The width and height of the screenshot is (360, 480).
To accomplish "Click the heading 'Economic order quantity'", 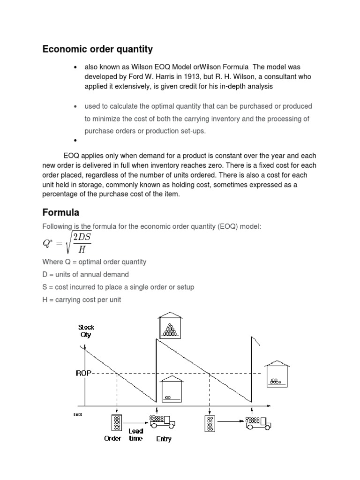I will point(97,49).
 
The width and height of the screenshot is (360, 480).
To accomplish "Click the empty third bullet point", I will point(75,141).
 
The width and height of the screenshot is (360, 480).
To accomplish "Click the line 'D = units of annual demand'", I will point(85,274).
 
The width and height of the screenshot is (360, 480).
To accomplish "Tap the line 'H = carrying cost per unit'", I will point(82,299).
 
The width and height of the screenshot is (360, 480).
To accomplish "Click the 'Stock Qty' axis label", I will point(86,331).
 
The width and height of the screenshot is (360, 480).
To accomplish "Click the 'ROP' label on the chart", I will point(83,373).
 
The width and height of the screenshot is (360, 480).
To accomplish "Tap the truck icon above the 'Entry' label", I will point(162,422).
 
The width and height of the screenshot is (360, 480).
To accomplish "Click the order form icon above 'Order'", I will point(116,422).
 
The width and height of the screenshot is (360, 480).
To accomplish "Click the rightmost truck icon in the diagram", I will point(258,423).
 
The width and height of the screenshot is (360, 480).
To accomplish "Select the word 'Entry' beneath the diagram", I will point(164,439).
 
